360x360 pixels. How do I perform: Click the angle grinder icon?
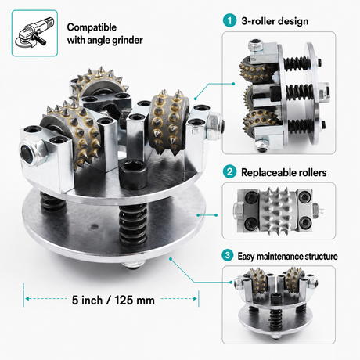click(x=34, y=33)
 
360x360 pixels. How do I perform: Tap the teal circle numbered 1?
click(x=229, y=20)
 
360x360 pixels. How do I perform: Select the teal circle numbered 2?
click(x=229, y=171)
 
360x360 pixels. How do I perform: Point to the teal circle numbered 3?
click(x=228, y=255)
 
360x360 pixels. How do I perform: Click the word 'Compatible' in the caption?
click(x=92, y=27)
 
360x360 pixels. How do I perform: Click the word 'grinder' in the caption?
click(x=128, y=41)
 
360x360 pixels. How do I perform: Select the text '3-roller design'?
click(x=275, y=21)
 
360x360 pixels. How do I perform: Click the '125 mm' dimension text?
click(x=135, y=300)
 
